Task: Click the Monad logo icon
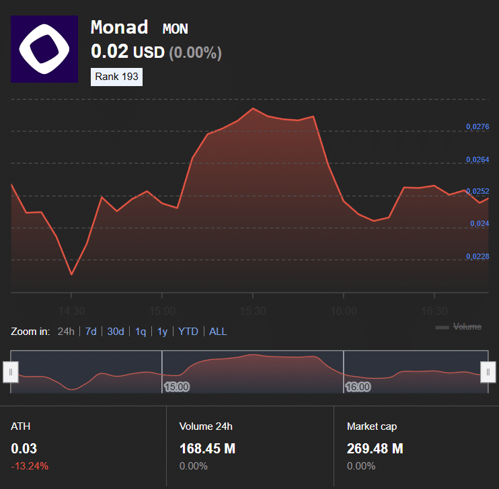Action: coord(44,49)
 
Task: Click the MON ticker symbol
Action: coord(176,29)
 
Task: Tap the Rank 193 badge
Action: coord(116,77)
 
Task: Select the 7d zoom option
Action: coord(91,331)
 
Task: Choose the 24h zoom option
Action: coord(66,331)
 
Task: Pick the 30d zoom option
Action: coord(116,331)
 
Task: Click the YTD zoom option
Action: coord(188,331)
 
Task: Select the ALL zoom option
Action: coord(218,331)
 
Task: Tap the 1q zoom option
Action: coord(141,331)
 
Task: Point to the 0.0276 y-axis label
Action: coord(477,126)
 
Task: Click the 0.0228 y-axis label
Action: coord(477,256)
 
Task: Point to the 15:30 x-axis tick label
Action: coord(252,311)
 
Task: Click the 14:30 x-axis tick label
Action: coord(71,311)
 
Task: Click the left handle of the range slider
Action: coord(11,372)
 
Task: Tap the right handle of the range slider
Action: coord(488,372)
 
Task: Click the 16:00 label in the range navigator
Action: coord(358,387)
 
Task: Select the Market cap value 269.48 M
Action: coord(375,449)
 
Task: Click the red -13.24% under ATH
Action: coord(30,465)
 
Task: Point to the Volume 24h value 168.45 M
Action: coord(207,449)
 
